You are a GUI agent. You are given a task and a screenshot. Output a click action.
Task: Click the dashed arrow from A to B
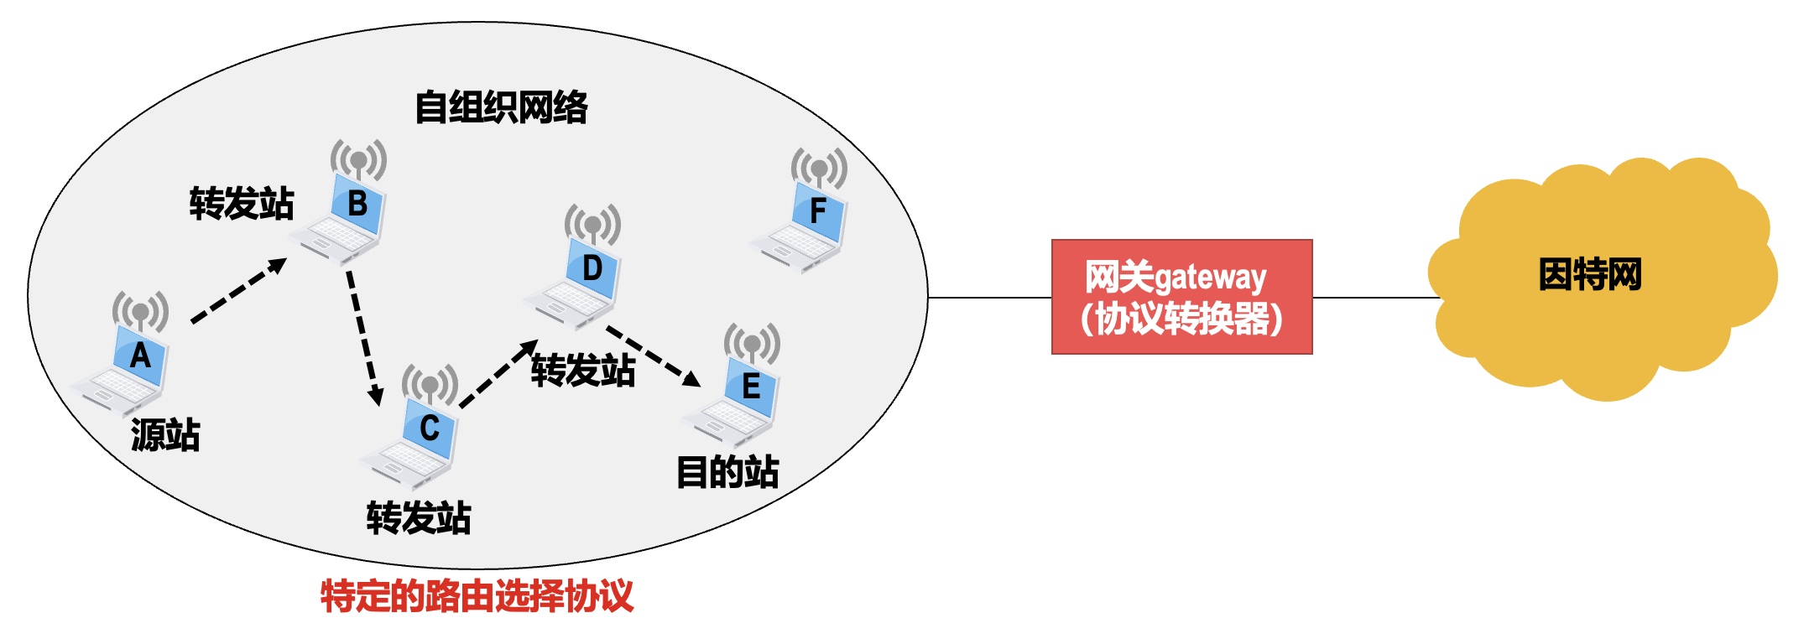click(x=238, y=290)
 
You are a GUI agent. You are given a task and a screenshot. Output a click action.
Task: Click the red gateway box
click(x=1181, y=297)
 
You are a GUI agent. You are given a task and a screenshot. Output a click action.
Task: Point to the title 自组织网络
click(x=502, y=107)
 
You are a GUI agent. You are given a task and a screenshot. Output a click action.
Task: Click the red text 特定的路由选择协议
click(x=477, y=596)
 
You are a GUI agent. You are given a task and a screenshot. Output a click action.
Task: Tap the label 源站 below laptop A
click(x=165, y=434)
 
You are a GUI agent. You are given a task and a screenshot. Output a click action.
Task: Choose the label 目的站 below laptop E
click(x=727, y=471)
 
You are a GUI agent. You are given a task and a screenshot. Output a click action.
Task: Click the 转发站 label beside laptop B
click(x=242, y=204)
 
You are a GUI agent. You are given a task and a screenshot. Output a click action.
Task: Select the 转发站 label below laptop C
click(x=419, y=517)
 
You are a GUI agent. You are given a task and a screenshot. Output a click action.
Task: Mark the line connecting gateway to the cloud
click(x=1376, y=298)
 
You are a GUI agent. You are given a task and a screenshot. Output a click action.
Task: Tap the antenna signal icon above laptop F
click(x=819, y=168)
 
